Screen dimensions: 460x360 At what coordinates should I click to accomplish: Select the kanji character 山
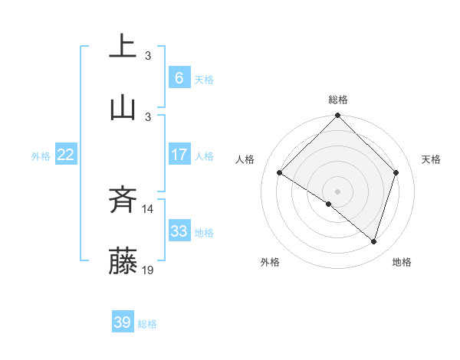coord(123,107)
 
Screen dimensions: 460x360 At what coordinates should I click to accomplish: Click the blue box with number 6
coord(179,78)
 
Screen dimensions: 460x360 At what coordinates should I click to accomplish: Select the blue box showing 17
coord(179,155)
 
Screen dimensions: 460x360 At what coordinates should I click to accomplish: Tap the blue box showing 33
coord(179,231)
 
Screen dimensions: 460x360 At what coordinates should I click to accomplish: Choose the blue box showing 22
coord(65,155)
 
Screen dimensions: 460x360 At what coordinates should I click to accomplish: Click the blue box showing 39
coord(122,322)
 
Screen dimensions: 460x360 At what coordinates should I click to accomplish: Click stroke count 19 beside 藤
coord(148,270)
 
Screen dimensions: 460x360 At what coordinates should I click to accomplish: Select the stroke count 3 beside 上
coord(148,55)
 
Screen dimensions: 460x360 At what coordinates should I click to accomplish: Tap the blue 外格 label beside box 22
coord(41,155)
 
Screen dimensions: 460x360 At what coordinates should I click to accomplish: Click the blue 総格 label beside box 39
coord(147,324)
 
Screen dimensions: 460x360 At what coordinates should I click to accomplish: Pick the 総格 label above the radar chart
coord(338,100)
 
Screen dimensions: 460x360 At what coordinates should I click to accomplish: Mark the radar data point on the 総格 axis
coord(337,116)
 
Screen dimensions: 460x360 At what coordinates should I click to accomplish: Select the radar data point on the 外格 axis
coord(329,205)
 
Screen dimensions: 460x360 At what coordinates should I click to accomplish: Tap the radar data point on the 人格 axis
coord(280,173)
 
